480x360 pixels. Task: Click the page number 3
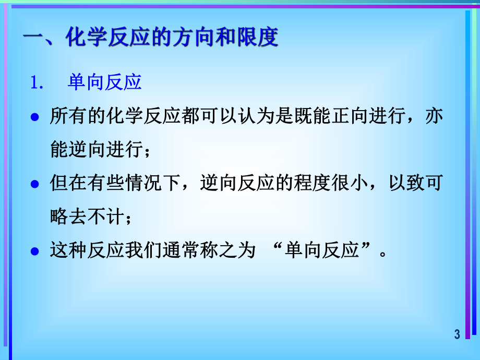[457, 334]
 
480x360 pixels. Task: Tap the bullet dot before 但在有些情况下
[35, 184]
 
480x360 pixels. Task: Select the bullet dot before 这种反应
[35, 251]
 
